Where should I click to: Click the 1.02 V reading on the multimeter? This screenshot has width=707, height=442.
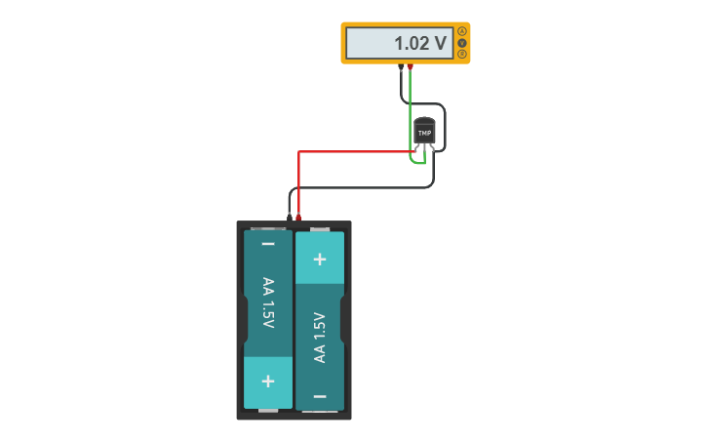pyautogui.click(x=419, y=44)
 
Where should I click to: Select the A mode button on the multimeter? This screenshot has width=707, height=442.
pyautogui.click(x=462, y=31)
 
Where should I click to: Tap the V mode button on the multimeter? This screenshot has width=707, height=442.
pyautogui.click(x=462, y=43)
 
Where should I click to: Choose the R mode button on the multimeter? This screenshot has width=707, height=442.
pyautogui.click(x=462, y=55)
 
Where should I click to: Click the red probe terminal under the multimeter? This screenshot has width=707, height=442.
pyautogui.click(x=410, y=67)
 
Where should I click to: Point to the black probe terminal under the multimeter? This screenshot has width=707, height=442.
pyautogui.click(x=401, y=67)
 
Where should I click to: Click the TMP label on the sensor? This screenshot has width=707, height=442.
pyautogui.click(x=424, y=133)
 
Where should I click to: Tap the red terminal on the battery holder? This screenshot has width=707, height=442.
pyautogui.click(x=298, y=218)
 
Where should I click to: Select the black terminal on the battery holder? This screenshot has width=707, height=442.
pyautogui.click(x=290, y=218)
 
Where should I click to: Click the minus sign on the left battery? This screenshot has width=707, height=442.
pyautogui.click(x=268, y=244)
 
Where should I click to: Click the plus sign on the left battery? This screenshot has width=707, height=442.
pyautogui.click(x=268, y=382)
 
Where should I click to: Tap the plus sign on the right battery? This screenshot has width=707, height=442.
pyautogui.click(x=319, y=260)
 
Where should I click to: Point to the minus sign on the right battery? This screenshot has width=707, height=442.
pyautogui.click(x=319, y=396)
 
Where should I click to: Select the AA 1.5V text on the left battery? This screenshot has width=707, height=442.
pyautogui.click(x=268, y=302)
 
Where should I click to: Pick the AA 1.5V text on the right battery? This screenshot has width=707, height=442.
pyautogui.click(x=319, y=338)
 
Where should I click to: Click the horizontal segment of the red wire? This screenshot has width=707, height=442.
pyautogui.click(x=351, y=151)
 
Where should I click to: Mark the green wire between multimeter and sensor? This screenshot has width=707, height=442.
pyautogui.click(x=410, y=107)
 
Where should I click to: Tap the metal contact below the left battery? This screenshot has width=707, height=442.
pyautogui.click(x=268, y=412)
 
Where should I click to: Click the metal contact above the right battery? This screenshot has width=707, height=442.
pyautogui.click(x=319, y=228)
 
